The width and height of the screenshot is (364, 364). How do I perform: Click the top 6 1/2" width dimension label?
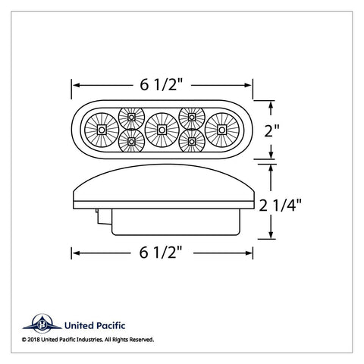pos(162,85)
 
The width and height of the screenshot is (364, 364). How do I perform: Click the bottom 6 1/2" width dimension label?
pos(161,253)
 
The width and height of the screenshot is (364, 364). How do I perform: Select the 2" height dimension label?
pos(272,130)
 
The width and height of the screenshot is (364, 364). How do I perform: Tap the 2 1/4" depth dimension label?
pos(281,205)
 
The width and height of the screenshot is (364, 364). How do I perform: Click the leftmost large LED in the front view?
pos(102,130)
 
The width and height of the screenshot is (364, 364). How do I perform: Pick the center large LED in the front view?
pos(162,130)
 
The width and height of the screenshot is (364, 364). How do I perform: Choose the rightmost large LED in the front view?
pos(222,130)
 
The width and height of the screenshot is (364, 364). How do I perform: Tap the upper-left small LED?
pos(131,118)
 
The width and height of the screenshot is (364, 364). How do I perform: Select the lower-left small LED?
pos(131,141)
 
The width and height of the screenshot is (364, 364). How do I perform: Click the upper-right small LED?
pos(192,118)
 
